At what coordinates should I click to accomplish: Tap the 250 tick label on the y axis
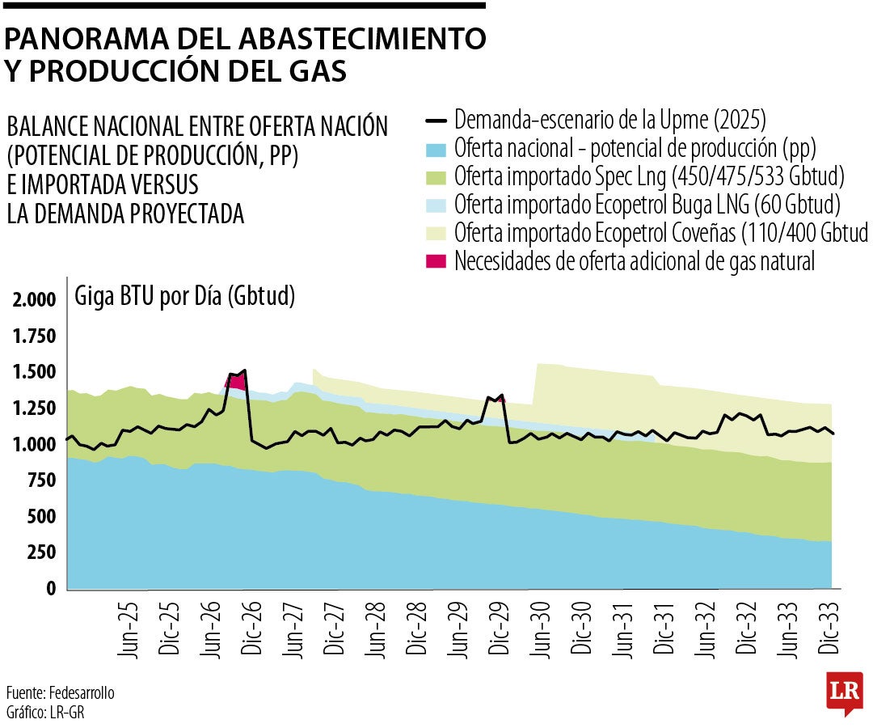click(x=43, y=552)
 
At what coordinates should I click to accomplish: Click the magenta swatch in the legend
click(x=436, y=261)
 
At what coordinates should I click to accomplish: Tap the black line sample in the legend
click(x=436, y=122)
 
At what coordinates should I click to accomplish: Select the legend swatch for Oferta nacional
click(x=436, y=150)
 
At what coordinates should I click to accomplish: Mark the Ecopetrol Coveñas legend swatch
click(x=436, y=234)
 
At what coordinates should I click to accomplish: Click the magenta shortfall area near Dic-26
click(x=235, y=381)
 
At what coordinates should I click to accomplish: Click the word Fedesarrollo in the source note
click(x=82, y=694)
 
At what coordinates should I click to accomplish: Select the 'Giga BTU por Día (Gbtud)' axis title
click(x=184, y=297)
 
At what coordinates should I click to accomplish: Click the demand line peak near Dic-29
click(x=501, y=396)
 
